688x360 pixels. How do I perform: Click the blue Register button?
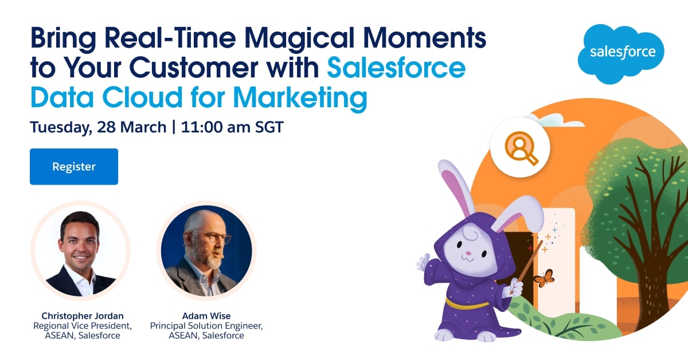(x=74, y=166)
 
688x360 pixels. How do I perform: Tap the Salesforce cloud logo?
(x=621, y=54)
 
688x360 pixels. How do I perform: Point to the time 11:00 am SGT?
(x=232, y=127)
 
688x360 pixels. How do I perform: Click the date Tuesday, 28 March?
(x=98, y=127)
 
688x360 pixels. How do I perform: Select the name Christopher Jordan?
(x=83, y=316)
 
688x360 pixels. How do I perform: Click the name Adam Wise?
(x=206, y=316)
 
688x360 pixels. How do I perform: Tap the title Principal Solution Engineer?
(x=206, y=326)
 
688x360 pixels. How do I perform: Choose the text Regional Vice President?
(x=83, y=326)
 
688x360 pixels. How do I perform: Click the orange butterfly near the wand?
(x=544, y=278)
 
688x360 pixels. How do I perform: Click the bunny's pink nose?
(x=468, y=253)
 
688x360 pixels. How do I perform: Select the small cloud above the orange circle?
(x=556, y=120)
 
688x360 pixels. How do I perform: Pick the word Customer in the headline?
(x=194, y=68)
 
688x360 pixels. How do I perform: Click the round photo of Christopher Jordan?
(x=80, y=251)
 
